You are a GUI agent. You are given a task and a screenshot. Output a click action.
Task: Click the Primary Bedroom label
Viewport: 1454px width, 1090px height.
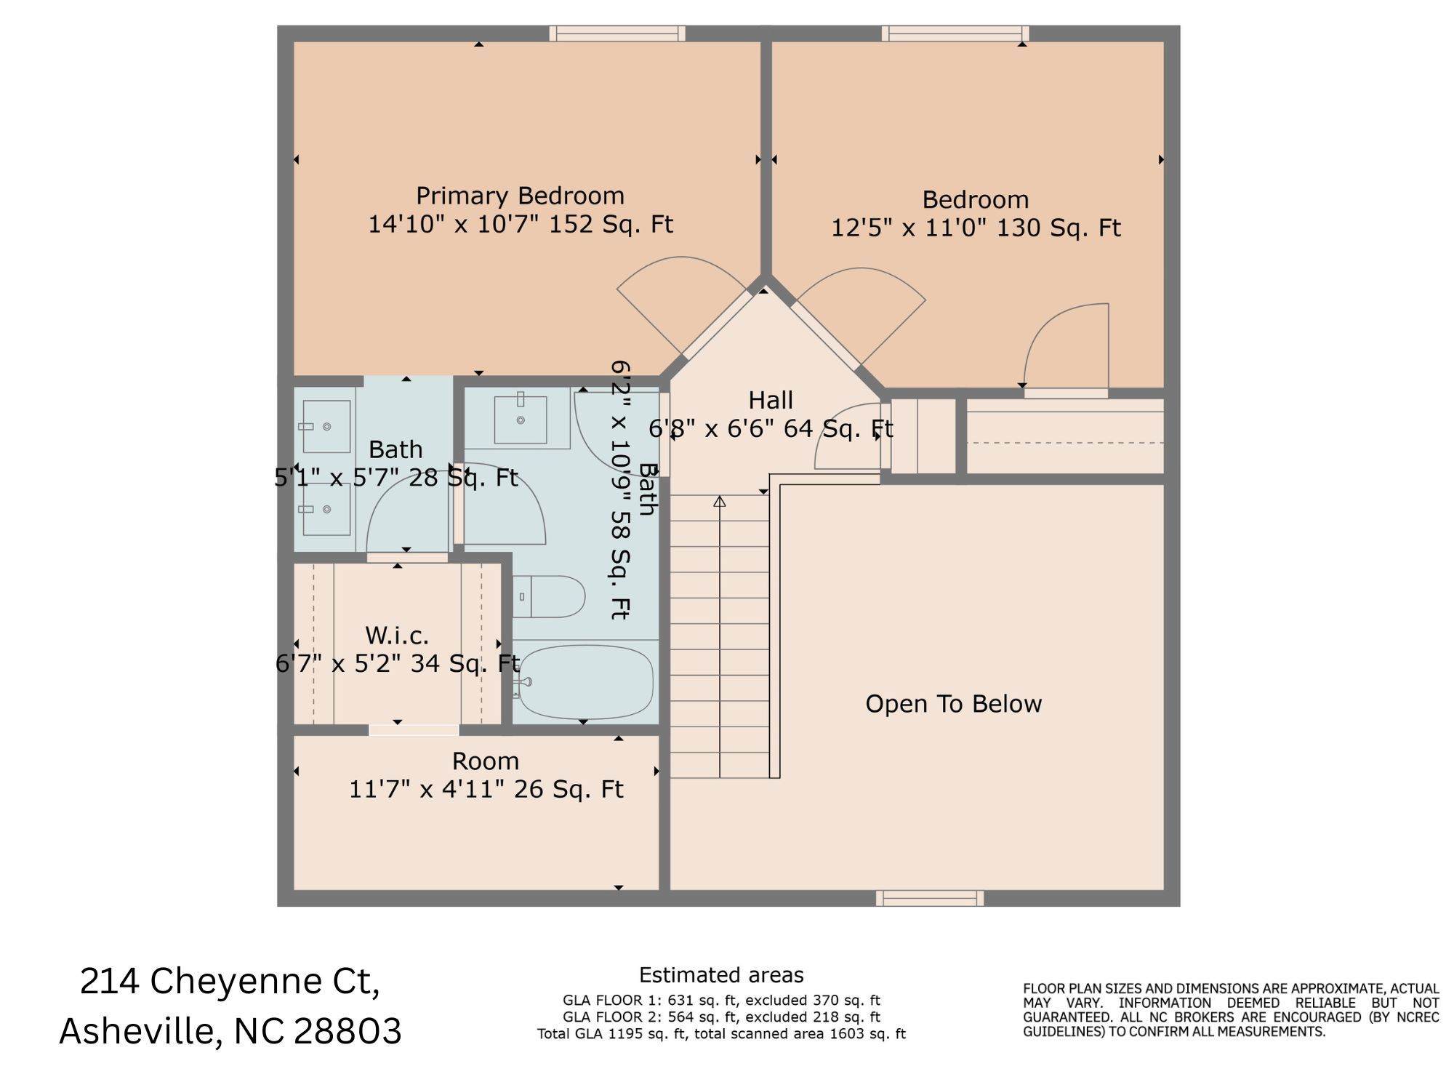pyautogui.click(x=520, y=196)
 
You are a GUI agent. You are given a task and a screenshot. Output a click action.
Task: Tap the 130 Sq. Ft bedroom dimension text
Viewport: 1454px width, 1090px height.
pyautogui.click(x=976, y=228)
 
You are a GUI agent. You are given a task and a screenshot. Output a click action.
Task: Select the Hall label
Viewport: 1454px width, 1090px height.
pyautogui.click(x=771, y=401)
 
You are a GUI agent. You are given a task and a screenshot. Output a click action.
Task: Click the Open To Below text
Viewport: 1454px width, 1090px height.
pyautogui.click(x=953, y=704)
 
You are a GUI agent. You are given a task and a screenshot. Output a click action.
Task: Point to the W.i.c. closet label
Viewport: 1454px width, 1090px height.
pyautogui.click(x=397, y=636)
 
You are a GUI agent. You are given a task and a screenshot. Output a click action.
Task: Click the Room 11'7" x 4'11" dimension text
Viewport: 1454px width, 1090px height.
pyautogui.click(x=486, y=790)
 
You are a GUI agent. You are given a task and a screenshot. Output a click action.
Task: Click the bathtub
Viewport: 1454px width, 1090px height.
pyautogui.click(x=585, y=681)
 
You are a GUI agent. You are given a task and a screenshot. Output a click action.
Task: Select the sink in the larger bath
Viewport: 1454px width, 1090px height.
pyautogui.click(x=521, y=420)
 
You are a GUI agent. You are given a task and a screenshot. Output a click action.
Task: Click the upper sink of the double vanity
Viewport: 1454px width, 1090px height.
pyautogui.click(x=326, y=427)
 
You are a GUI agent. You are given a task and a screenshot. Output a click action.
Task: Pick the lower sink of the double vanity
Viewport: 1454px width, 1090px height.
pyautogui.click(x=326, y=509)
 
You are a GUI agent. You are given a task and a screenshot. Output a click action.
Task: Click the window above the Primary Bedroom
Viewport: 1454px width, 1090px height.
pyautogui.click(x=617, y=33)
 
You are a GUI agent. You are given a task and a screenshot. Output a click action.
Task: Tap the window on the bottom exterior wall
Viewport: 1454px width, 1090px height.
pyautogui.click(x=929, y=899)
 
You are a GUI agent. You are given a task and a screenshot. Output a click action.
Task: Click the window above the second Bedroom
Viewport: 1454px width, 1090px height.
pyautogui.click(x=955, y=33)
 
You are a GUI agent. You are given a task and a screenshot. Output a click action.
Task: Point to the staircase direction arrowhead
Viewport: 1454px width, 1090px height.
pyautogui.click(x=720, y=502)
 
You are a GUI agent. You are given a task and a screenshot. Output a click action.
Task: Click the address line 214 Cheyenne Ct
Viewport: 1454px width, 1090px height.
pyautogui.click(x=230, y=982)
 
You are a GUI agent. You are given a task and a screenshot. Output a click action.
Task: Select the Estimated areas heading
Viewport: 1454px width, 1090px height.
pyautogui.click(x=721, y=975)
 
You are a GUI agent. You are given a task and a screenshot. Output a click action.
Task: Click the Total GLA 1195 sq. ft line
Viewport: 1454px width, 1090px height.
pyautogui.click(x=721, y=1034)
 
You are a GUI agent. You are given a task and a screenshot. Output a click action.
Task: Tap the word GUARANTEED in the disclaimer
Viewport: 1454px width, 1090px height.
pyautogui.click(x=1067, y=1018)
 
